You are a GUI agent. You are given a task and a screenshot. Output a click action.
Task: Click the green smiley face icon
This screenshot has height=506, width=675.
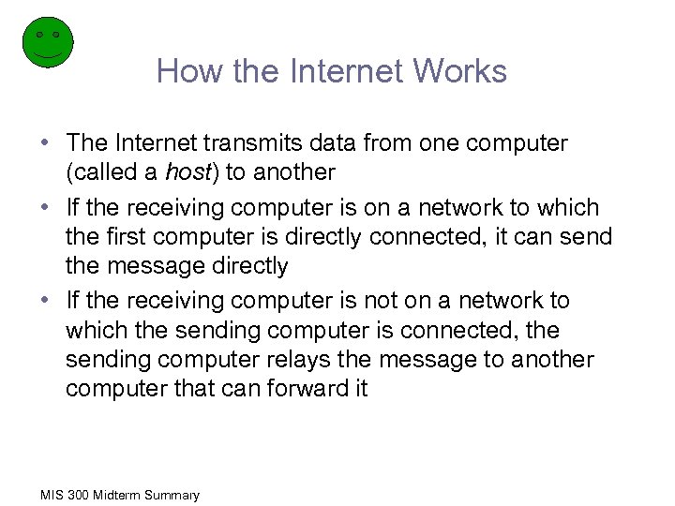pyautogui.click(x=47, y=42)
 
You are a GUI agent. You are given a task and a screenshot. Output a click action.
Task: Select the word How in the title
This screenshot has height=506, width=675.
pyautogui.click(x=184, y=71)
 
